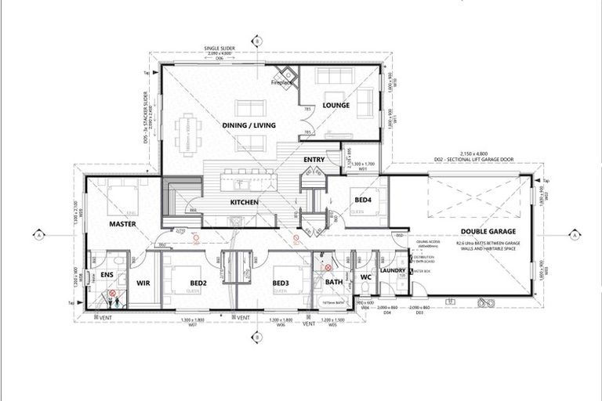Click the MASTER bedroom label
click(124, 224)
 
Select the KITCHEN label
click(244, 202)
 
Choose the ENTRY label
click(314, 161)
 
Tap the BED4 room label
click(364, 200)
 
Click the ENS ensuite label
click(107, 276)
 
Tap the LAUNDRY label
click(392, 271)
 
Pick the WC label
click(364, 276)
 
